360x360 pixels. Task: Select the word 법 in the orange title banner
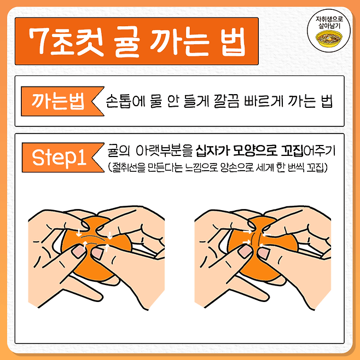click(234, 42)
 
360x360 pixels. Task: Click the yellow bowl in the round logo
click(329, 39)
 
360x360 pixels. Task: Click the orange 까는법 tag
click(62, 101)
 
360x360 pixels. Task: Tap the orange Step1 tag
click(63, 158)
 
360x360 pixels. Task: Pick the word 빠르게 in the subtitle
click(263, 101)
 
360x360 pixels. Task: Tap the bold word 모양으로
click(254, 151)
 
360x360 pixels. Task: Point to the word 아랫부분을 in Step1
click(164, 151)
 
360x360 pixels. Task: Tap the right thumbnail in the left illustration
click(97, 253)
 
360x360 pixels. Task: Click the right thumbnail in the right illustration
click(264, 253)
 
